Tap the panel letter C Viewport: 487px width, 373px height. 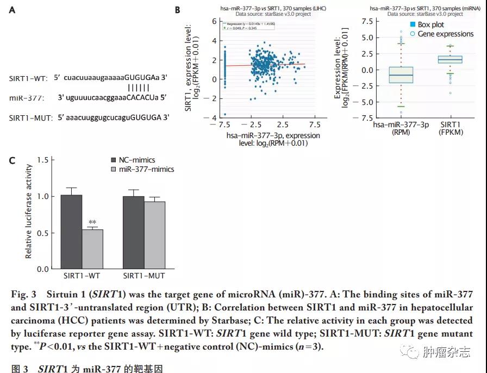[x=12, y=161]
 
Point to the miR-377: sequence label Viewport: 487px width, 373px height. [x=27, y=98]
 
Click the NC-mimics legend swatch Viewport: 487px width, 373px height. [x=114, y=160]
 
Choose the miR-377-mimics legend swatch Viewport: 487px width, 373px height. [x=114, y=170]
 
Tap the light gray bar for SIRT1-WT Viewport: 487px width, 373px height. [x=92, y=249]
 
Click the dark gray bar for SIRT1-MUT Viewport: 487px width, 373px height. [x=133, y=232]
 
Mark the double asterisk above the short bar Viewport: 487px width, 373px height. [x=92, y=222]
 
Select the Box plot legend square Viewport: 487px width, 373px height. [x=413, y=25]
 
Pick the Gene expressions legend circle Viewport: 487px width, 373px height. [x=413, y=34]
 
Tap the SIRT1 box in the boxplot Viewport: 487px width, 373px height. [x=451, y=59]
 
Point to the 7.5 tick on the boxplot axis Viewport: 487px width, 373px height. [x=366, y=21]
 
